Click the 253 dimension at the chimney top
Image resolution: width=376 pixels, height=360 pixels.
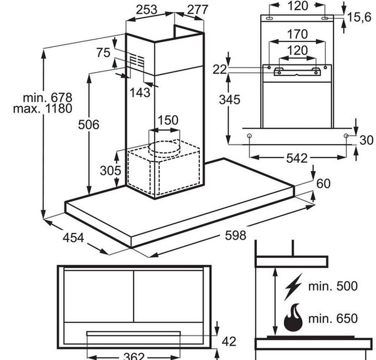click(x=147, y=10)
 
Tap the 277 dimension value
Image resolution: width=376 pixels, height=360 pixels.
click(x=197, y=10)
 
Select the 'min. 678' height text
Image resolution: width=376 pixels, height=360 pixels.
click(x=48, y=98)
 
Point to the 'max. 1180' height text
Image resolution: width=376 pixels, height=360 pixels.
click(x=43, y=108)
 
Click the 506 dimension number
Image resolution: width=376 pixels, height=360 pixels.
click(x=88, y=125)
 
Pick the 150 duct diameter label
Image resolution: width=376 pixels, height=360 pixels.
click(x=168, y=120)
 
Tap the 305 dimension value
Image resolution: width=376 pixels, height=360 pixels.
click(x=110, y=170)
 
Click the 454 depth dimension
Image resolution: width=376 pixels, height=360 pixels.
click(x=73, y=238)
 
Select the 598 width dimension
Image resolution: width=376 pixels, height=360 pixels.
click(x=236, y=235)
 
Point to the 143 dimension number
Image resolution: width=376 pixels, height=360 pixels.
click(x=140, y=93)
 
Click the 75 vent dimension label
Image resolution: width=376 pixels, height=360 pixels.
click(x=103, y=53)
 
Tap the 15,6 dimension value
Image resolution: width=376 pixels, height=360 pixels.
click(x=359, y=18)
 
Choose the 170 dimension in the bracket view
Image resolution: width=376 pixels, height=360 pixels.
click(x=297, y=34)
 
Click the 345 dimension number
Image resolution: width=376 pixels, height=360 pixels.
click(x=229, y=100)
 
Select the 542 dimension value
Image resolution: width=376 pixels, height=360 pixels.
click(x=297, y=158)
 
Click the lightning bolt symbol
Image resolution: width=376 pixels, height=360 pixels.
click(x=293, y=287)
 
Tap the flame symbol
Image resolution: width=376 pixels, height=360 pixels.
click(x=293, y=317)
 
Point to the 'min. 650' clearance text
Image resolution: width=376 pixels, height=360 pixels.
click(x=333, y=319)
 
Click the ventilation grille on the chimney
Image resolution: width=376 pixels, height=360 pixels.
click(x=137, y=61)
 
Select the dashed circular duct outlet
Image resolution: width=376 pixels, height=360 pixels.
click(x=164, y=149)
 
